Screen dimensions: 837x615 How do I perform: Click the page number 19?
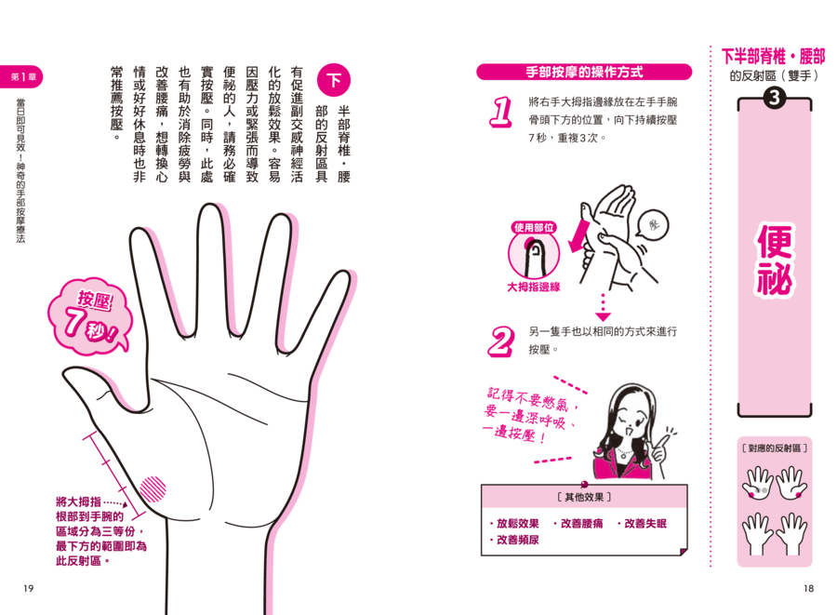coord(28,588)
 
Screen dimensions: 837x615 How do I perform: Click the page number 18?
coord(809,588)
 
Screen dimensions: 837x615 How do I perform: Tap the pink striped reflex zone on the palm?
coord(153,489)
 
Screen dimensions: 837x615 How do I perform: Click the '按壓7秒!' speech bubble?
coord(89,316)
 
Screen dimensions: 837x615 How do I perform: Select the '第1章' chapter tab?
coord(21,77)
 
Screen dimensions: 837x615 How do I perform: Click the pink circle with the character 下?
coord(334,80)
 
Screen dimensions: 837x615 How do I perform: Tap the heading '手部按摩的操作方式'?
coord(584,72)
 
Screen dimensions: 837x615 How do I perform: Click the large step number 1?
coord(500,112)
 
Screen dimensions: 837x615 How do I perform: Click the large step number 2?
coord(500,341)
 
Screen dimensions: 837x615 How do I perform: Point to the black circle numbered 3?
coord(774,98)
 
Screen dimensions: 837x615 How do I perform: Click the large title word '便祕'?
coord(775,260)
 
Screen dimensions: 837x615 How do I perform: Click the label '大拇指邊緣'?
coord(534,287)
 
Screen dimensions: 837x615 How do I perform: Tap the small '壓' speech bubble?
coord(652,225)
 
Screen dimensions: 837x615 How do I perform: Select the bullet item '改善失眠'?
coord(642,524)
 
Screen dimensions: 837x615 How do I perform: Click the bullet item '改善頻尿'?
coord(514,541)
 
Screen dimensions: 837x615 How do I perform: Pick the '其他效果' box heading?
coord(584,498)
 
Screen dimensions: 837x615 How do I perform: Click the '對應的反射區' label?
coord(775,448)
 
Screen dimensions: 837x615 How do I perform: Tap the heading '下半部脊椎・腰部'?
coord(773,56)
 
